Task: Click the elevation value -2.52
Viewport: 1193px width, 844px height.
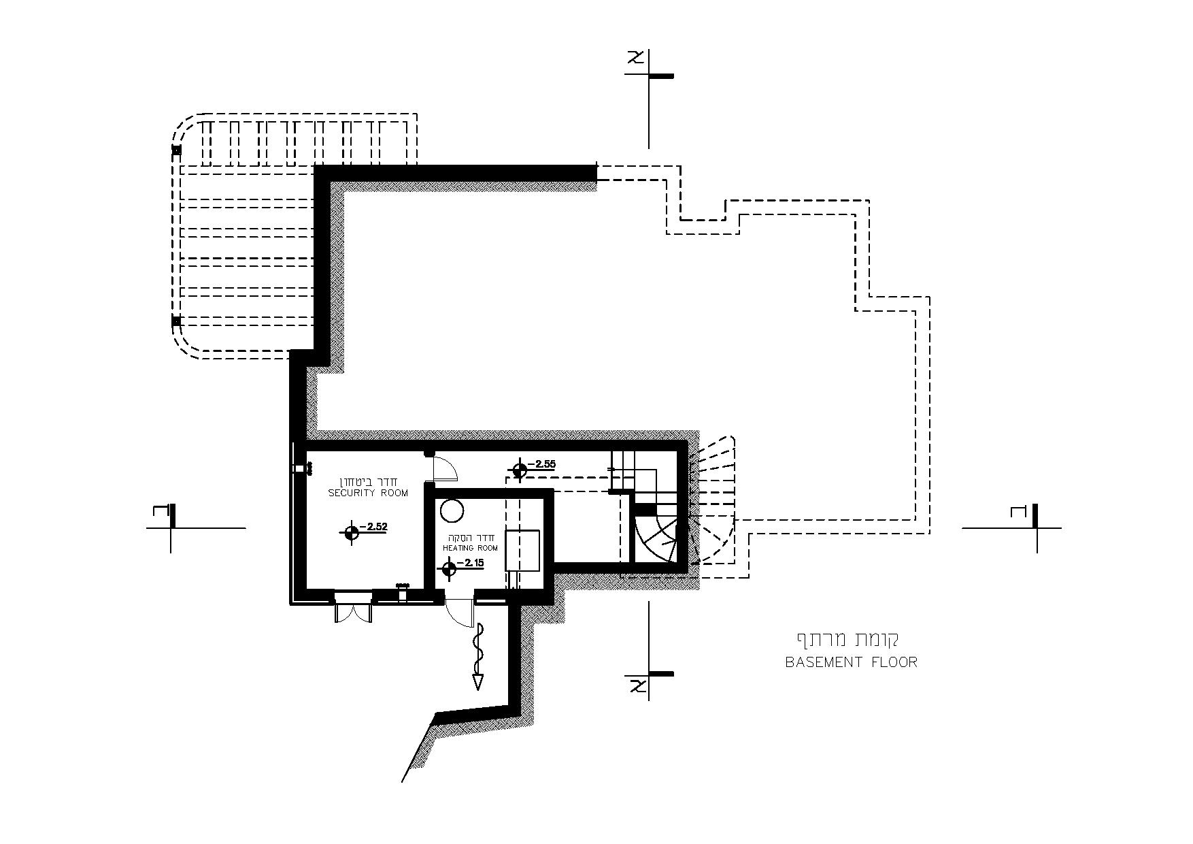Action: pyautogui.click(x=373, y=526)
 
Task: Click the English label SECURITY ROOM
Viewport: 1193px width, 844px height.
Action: pyautogui.click(x=368, y=493)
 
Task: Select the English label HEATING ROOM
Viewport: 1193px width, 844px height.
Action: pyautogui.click(x=470, y=548)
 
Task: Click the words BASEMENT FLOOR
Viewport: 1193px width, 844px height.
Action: pyautogui.click(x=851, y=662)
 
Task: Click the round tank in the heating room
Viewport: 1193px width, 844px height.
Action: pyautogui.click(x=452, y=510)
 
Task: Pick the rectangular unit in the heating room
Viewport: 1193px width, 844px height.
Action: pyautogui.click(x=522, y=550)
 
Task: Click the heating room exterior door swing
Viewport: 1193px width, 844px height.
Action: pyautogui.click(x=460, y=612)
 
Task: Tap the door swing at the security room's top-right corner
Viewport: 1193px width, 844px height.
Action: pyautogui.click(x=445, y=468)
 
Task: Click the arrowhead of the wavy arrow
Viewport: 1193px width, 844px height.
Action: pyautogui.click(x=478, y=682)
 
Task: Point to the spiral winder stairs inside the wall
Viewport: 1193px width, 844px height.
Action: pyautogui.click(x=656, y=538)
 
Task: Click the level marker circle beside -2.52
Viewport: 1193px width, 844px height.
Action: pyautogui.click(x=351, y=533)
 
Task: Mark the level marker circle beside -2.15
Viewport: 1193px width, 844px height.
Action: pyautogui.click(x=449, y=569)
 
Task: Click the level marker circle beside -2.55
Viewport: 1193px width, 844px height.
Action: pyautogui.click(x=520, y=470)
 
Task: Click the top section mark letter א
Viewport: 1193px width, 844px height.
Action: pyautogui.click(x=637, y=59)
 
